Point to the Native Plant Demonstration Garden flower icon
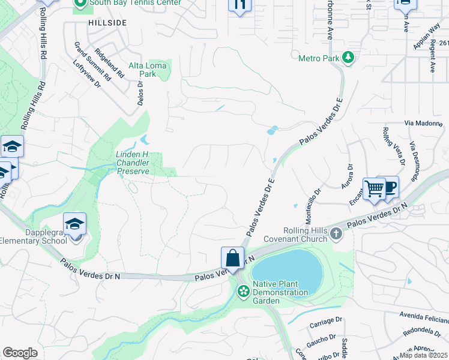coord(243,292)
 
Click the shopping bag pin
coord(232,259)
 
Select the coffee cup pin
coord(389,187)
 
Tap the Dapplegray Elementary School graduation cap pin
coord(74,224)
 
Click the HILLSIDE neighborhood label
coord(107,22)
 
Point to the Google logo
coord(20,352)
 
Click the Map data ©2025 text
coord(424,355)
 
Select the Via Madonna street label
coord(423,124)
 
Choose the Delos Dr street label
coord(141,94)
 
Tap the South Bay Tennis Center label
coord(135,2)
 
